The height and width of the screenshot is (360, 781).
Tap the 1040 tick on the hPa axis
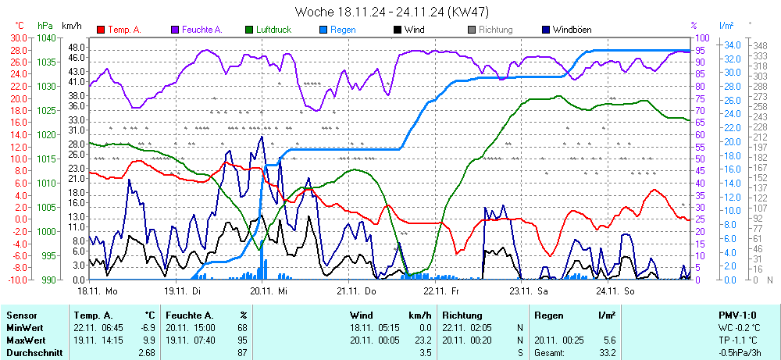[x=46, y=37]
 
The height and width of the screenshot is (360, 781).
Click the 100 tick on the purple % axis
[x=702, y=37]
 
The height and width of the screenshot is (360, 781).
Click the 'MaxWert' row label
[x=25, y=340]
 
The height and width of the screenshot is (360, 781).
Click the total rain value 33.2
[x=607, y=353]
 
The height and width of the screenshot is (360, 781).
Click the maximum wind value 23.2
[x=423, y=340]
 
